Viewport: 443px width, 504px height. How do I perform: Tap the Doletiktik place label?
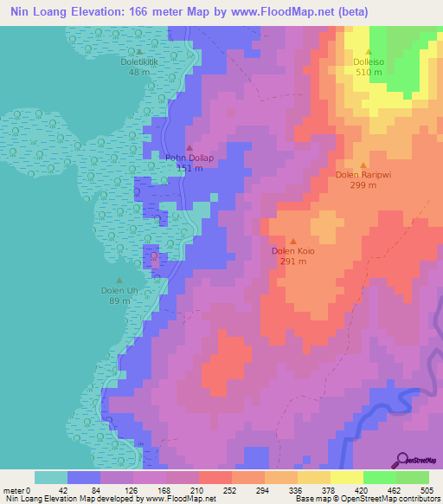[x=138, y=62]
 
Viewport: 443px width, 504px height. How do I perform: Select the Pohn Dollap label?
[x=189, y=158]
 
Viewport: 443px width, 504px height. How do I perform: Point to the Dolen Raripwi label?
[x=363, y=174]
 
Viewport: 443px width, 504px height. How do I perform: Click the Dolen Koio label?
[x=293, y=251]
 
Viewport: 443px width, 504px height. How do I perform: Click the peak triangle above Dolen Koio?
[x=293, y=241]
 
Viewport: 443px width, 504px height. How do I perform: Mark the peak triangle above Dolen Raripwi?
[x=363, y=164]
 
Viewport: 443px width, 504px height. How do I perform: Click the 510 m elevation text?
[x=369, y=72]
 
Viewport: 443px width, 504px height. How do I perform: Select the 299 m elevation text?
[x=363, y=184]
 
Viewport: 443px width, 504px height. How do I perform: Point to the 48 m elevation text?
[x=138, y=72]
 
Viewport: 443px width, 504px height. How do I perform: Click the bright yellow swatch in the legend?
[x=347, y=477]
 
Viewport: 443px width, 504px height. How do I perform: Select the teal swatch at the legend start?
[x=51, y=477]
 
